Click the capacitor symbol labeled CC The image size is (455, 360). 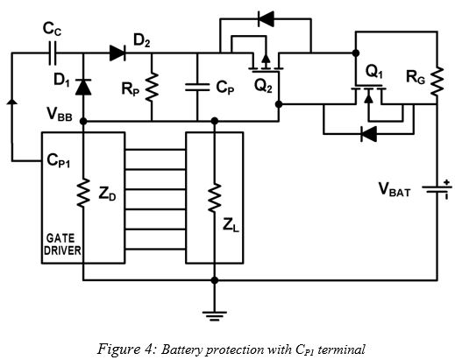coord(53,53)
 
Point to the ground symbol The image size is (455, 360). coord(214,311)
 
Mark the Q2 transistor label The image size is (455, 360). coord(261,87)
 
